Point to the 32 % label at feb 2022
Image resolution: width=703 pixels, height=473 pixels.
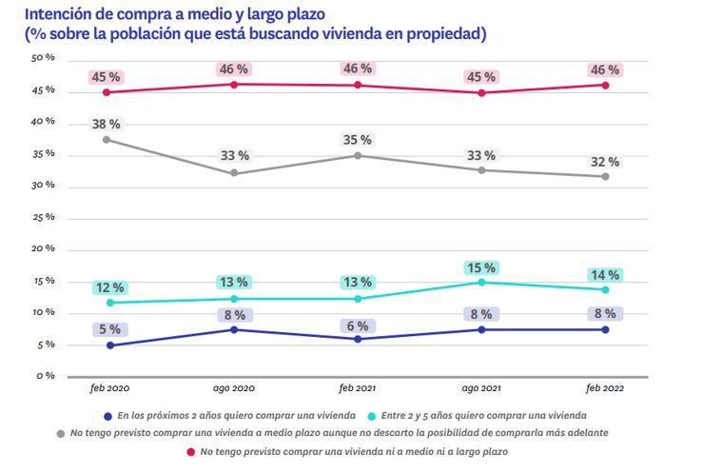[x=605, y=161]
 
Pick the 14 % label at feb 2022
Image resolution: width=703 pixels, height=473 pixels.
[x=605, y=275]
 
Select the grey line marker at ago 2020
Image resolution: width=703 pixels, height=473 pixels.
[x=235, y=173]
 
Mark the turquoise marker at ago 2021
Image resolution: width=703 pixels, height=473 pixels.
[x=482, y=282]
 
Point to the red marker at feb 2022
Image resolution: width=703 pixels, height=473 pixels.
[x=605, y=85]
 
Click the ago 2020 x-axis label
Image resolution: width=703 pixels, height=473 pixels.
[x=234, y=390]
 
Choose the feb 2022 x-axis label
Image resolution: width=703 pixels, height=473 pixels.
[x=605, y=390]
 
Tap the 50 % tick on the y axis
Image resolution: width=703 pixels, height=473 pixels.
[x=43, y=58]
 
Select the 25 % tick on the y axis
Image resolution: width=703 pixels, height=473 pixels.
[x=43, y=217]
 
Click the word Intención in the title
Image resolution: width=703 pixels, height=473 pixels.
[x=61, y=14]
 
